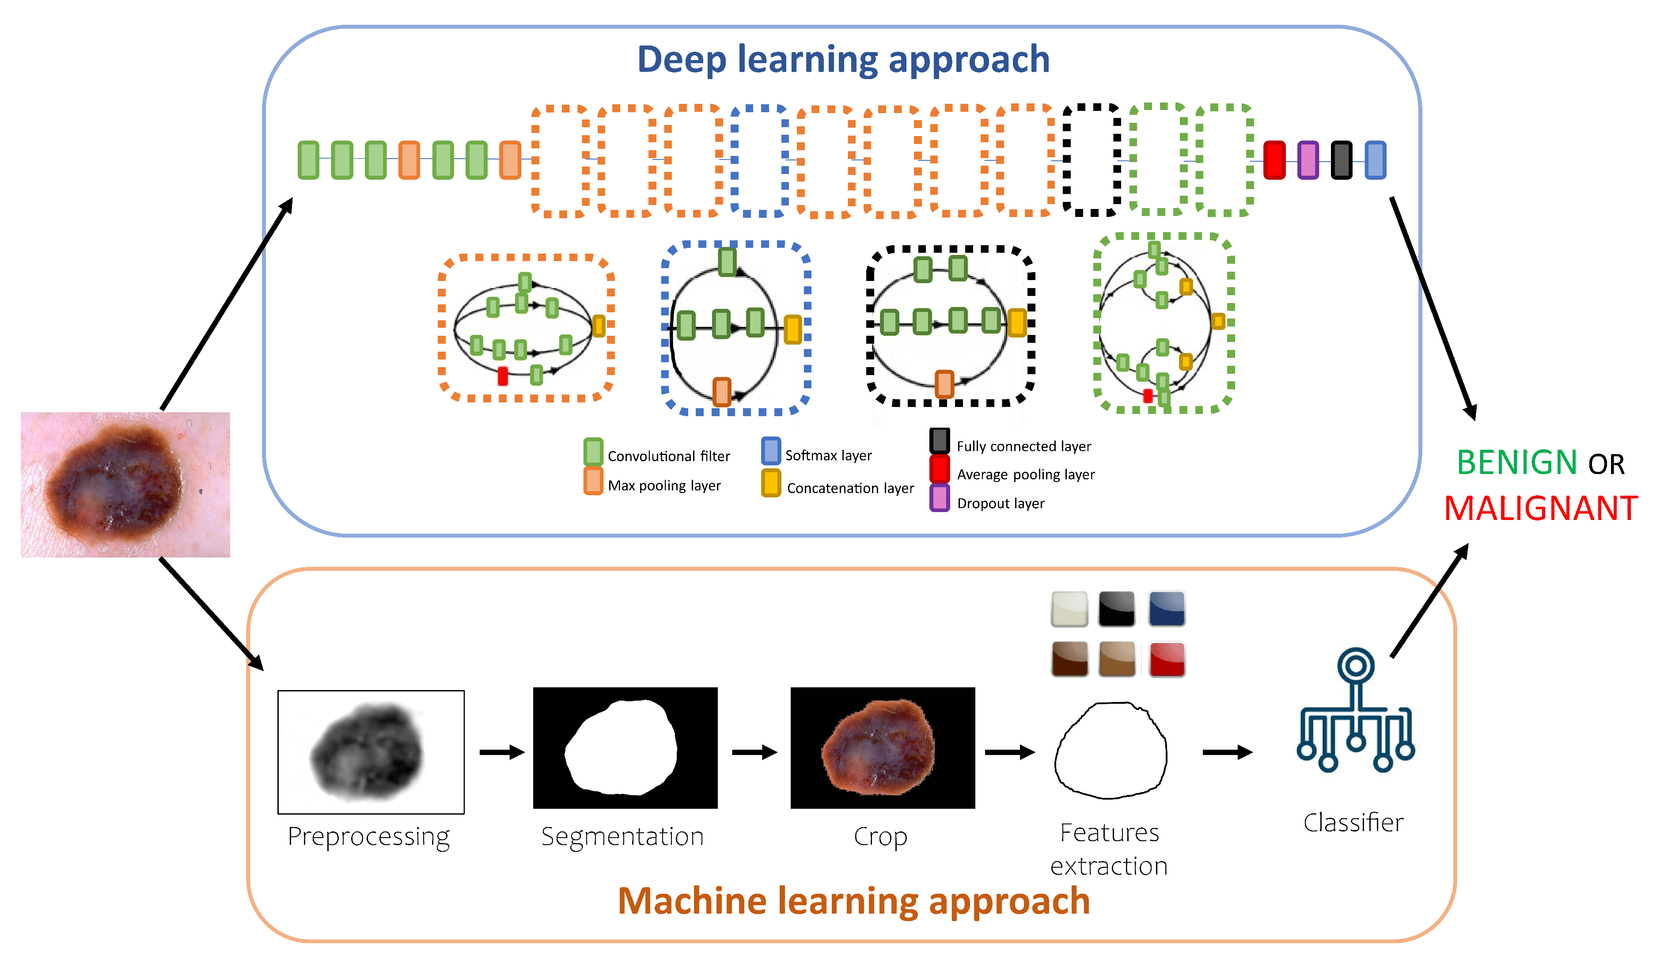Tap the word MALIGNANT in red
(x=1541, y=508)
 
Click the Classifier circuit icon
(x=1356, y=710)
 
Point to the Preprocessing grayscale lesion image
(x=371, y=752)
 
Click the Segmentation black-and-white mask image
(x=625, y=748)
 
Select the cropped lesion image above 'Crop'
(x=883, y=748)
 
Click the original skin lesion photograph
(x=125, y=485)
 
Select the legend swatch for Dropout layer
(x=940, y=498)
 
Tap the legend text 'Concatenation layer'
(x=850, y=488)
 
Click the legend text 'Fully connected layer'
(x=1024, y=446)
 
